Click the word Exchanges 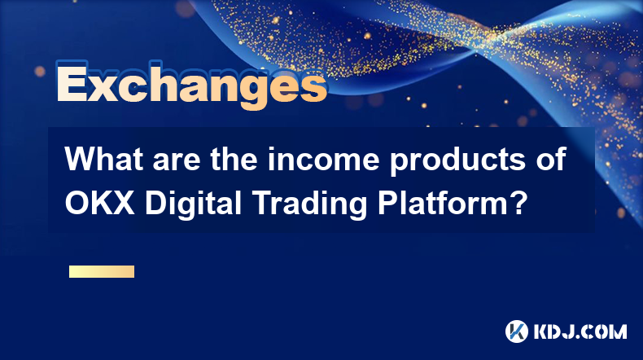pos(191,85)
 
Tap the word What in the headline pos(105,159)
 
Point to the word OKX pos(99,203)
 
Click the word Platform pos(444,203)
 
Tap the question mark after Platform pos(518,203)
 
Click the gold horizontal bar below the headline pos(102,271)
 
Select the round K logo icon pos(517,331)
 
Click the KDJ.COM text pos(580,331)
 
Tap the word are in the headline pos(177,162)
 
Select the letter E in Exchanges pos(72,85)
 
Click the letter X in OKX pos(123,203)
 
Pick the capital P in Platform pos(387,203)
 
